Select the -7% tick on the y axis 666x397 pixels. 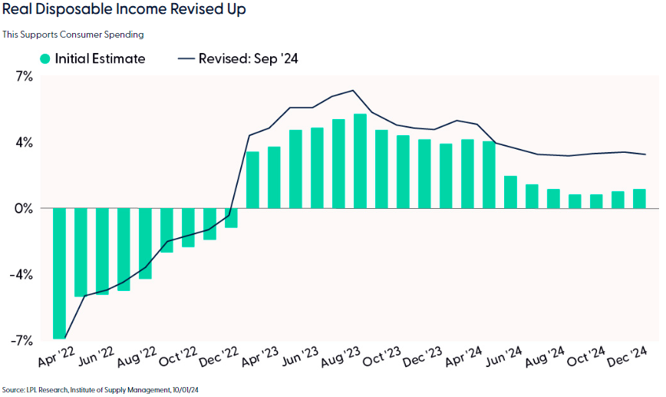click(x=22, y=340)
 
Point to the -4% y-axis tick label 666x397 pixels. click(x=22, y=275)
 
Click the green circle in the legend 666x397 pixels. click(x=46, y=58)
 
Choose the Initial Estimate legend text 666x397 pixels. click(x=100, y=58)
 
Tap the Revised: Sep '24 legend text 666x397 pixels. click(x=249, y=58)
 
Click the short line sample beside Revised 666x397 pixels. click(x=186, y=58)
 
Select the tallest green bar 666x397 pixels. click(x=360, y=160)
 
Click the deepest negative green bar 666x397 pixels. click(x=59, y=273)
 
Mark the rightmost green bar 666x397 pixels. click(x=639, y=198)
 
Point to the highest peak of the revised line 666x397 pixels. click(x=353, y=91)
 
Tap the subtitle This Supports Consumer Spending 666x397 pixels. click(x=73, y=35)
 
